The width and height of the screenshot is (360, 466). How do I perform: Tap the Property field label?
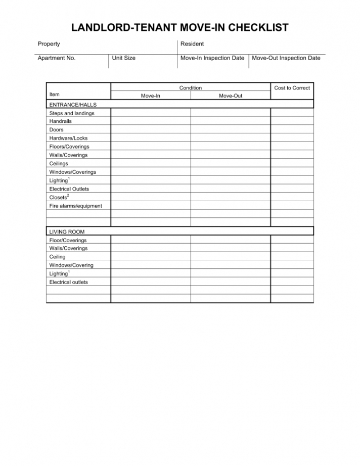tap(49, 44)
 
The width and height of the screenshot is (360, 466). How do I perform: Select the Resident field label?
tap(192, 44)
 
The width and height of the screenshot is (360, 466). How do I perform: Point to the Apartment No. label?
tap(57, 58)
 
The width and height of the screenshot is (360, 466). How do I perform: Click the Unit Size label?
tap(124, 58)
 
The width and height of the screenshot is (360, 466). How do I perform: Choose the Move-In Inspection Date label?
tap(212, 58)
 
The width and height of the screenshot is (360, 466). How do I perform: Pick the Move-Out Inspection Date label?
tap(286, 58)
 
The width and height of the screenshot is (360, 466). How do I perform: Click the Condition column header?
tap(191, 88)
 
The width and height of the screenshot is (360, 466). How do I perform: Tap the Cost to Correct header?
tap(292, 88)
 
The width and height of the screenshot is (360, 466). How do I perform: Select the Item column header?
tap(55, 95)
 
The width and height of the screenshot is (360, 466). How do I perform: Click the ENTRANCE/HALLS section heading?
tap(73, 105)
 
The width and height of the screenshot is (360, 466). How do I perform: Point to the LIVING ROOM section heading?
tap(67, 232)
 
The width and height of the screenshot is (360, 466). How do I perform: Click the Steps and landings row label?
tap(72, 113)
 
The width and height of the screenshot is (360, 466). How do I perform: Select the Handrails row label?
tap(61, 121)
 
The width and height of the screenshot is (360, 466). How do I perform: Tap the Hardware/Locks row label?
tap(68, 138)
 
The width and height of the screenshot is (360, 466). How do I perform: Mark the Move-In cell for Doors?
tap(151, 130)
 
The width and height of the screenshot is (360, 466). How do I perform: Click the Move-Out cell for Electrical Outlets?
tap(231, 189)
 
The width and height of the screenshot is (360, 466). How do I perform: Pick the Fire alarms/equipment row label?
tap(75, 206)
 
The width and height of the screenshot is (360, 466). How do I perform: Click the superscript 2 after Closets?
tap(68, 196)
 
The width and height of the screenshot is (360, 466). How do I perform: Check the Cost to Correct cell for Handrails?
tap(292, 121)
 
